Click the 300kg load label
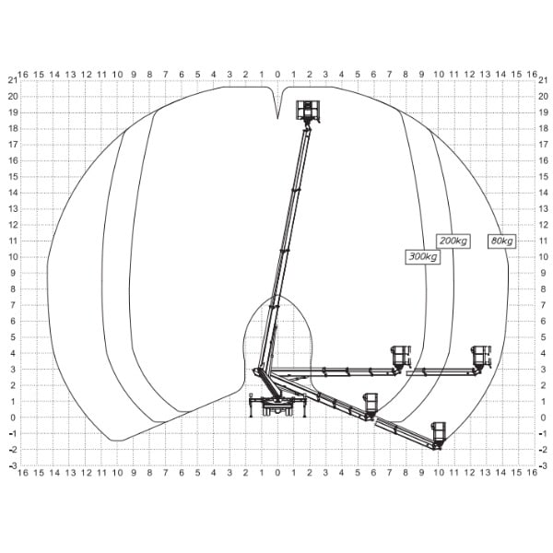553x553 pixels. [x=422, y=256]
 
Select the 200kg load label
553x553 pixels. [x=453, y=241]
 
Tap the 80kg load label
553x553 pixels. [x=501, y=241]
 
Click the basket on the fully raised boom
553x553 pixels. [x=308, y=111]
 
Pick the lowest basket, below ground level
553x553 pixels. [x=439, y=433]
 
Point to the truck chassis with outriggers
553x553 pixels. [x=277, y=406]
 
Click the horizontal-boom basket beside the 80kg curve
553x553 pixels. [x=481, y=358]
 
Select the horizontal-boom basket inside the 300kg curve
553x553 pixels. [x=400, y=358]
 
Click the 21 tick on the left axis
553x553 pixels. [x=13, y=80]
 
